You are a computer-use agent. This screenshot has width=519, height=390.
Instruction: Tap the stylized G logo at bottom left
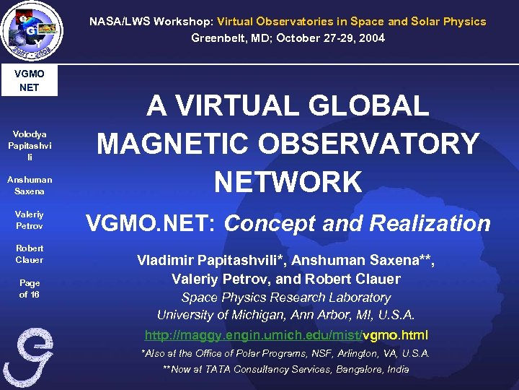click(28, 358)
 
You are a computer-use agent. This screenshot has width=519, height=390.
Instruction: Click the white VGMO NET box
click(29, 81)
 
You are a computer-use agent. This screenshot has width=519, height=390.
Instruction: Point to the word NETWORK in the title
click(288, 181)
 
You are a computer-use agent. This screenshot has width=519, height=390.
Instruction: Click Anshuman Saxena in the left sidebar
click(29, 186)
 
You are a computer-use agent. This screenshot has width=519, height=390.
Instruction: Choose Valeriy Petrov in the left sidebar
click(29, 220)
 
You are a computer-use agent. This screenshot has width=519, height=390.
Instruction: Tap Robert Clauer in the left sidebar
click(29, 254)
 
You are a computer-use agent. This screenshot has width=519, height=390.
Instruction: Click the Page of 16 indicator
click(29, 289)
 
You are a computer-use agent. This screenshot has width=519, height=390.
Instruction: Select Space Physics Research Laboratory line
click(286, 298)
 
